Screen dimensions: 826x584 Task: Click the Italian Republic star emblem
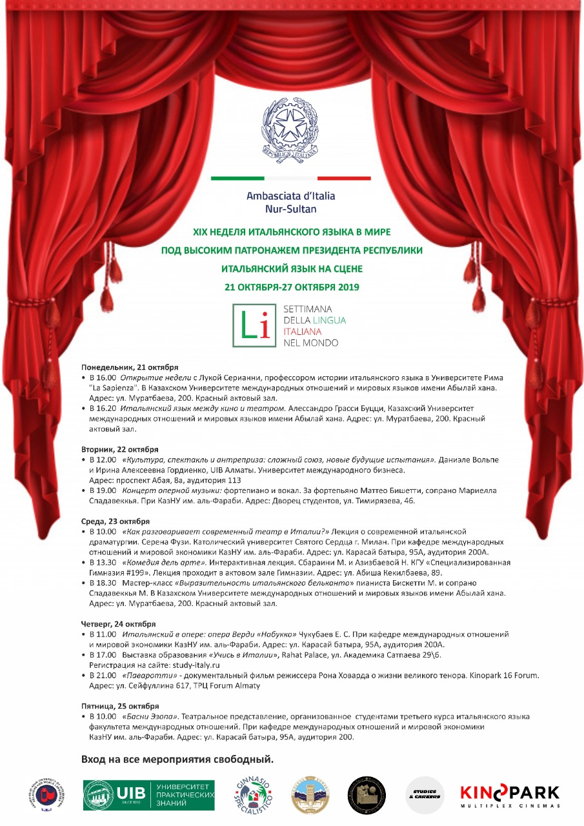tap(291, 128)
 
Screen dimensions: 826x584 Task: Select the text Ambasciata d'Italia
tap(291, 196)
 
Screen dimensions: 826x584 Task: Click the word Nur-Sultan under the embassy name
tap(291, 209)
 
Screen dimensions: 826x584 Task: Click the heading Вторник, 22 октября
tap(119, 449)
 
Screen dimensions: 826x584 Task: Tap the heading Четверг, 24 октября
tap(118, 624)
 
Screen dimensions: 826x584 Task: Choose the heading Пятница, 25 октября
tap(120, 706)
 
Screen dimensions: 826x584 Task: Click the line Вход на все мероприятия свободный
tap(177, 759)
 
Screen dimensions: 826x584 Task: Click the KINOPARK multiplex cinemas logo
tap(510, 795)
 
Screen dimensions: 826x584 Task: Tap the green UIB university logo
tap(148, 795)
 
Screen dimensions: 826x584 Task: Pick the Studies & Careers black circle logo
tap(425, 795)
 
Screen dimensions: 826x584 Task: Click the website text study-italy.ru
tap(194, 665)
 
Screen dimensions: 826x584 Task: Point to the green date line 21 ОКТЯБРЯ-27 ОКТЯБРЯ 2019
tap(291, 287)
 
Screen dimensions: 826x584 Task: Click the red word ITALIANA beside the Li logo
tap(303, 331)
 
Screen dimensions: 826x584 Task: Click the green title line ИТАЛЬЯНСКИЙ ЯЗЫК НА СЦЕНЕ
tap(292, 268)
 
